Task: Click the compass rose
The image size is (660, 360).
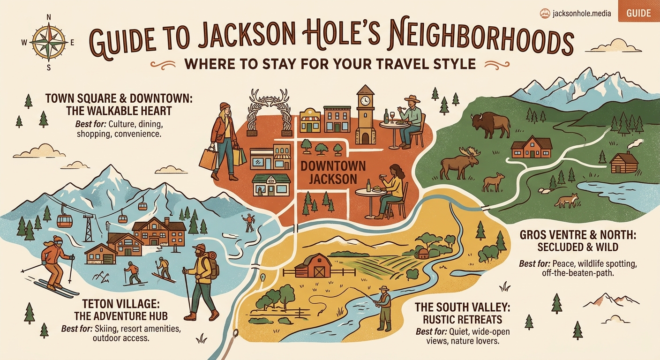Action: point(49,42)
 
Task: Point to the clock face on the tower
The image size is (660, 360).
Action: point(364,100)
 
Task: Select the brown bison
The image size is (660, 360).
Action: point(490,124)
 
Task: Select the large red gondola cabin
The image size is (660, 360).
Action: point(64,220)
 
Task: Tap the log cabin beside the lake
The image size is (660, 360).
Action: point(624,163)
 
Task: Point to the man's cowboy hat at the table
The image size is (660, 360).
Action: point(412,99)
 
